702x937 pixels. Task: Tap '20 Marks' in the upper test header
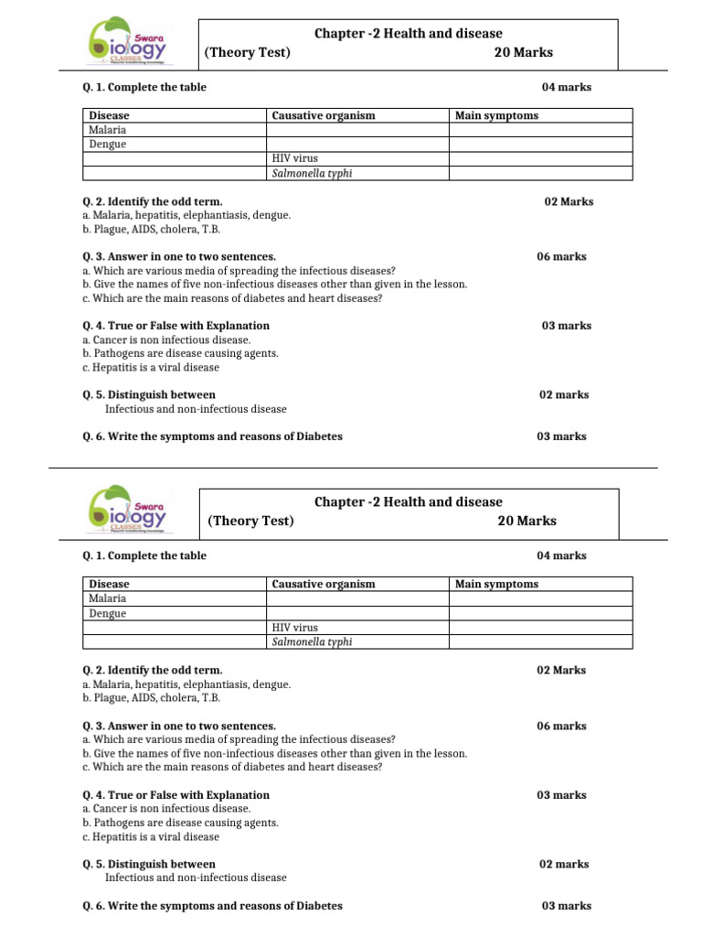(523, 52)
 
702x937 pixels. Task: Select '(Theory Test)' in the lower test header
(250, 521)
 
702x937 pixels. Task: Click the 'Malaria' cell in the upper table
(108, 130)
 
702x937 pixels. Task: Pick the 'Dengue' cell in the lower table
(108, 613)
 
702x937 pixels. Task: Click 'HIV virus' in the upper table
(295, 158)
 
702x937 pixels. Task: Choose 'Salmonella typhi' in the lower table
(312, 641)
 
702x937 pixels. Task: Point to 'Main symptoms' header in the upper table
(496, 115)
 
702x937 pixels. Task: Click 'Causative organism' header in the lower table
(324, 584)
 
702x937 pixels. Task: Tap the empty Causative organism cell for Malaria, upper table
(356, 130)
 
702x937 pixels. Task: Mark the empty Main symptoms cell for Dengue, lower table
(539, 613)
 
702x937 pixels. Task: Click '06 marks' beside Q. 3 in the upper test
(561, 257)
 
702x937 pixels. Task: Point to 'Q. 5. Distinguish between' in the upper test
(149, 395)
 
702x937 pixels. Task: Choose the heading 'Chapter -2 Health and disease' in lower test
(409, 501)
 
